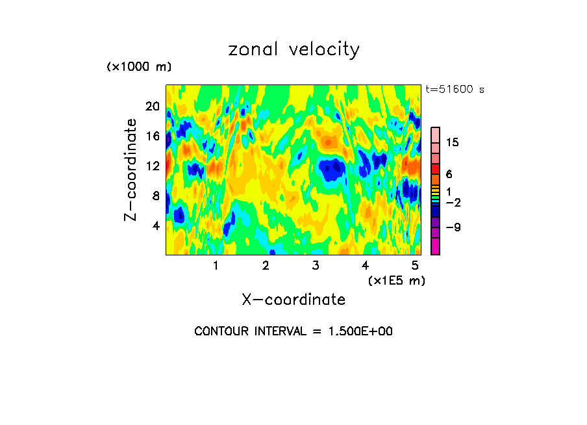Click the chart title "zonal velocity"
pyautogui.click(x=293, y=50)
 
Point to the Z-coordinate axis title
pyautogui.click(x=131, y=170)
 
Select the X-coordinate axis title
pyautogui.click(x=293, y=300)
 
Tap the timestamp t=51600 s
pyautogui.click(x=455, y=90)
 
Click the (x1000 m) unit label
pyautogui.click(x=138, y=67)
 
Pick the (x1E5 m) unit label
pyautogui.click(x=397, y=280)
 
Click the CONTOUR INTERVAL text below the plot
pyautogui.click(x=293, y=331)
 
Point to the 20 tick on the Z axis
pyautogui.click(x=153, y=107)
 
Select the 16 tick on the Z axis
pyautogui.click(x=153, y=136)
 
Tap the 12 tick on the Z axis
pyautogui.click(x=153, y=166)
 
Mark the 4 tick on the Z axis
pyautogui.click(x=155, y=226)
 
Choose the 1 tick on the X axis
pyautogui.click(x=216, y=266)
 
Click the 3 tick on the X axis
pyautogui.click(x=316, y=266)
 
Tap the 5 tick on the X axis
pyautogui.click(x=415, y=266)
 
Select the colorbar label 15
pyautogui.click(x=453, y=143)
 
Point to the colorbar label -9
pyautogui.click(x=453, y=227)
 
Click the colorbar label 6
pyautogui.click(x=449, y=174)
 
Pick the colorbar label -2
pyautogui.click(x=453, y=203)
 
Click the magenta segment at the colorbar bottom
pyautogui.click(x=435, y=246)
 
